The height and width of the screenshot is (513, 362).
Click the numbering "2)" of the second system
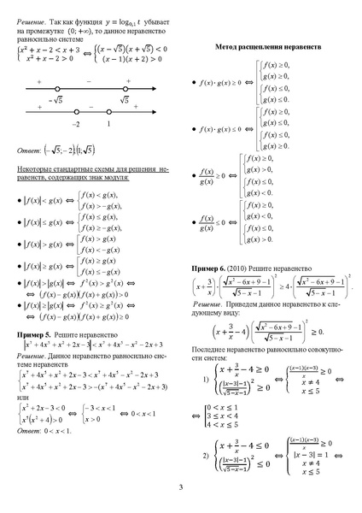[x=205, y=455]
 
